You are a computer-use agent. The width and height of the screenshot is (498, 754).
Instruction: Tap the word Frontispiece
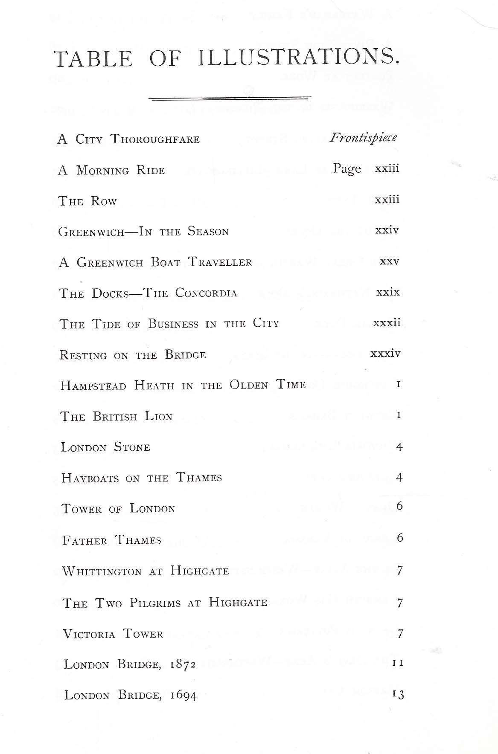click(363, 138)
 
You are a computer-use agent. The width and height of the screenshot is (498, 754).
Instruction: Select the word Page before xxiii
click(347, 169)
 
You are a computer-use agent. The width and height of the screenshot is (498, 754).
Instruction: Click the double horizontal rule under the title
click(230, 99)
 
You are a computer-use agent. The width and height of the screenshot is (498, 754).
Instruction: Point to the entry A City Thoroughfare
click(128, 139)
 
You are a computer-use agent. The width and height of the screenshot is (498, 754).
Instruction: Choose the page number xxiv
click(387, 231)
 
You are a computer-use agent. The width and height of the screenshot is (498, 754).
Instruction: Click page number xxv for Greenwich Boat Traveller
click(389, 261)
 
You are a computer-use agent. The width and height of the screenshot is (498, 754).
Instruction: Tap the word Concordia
click(206, 293)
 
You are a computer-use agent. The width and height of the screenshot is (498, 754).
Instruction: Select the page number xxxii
click(387, 323)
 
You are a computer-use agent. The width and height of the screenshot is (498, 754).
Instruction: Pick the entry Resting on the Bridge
click(133, 355)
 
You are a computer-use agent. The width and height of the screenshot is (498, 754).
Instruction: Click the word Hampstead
click(93, 386)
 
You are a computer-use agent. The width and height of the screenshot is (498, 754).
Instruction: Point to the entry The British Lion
click(116, 417)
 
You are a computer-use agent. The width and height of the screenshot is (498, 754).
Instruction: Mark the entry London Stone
click(105, 447)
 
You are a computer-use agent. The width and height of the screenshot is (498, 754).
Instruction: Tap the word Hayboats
click(90, 478)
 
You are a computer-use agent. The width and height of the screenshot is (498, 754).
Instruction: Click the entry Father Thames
click(112, 540)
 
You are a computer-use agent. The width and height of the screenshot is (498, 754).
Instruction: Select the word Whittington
click(102, 571)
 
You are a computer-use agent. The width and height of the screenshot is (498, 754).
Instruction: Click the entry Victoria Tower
click(113, 634)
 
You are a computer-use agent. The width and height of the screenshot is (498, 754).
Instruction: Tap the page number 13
click(398, 695)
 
